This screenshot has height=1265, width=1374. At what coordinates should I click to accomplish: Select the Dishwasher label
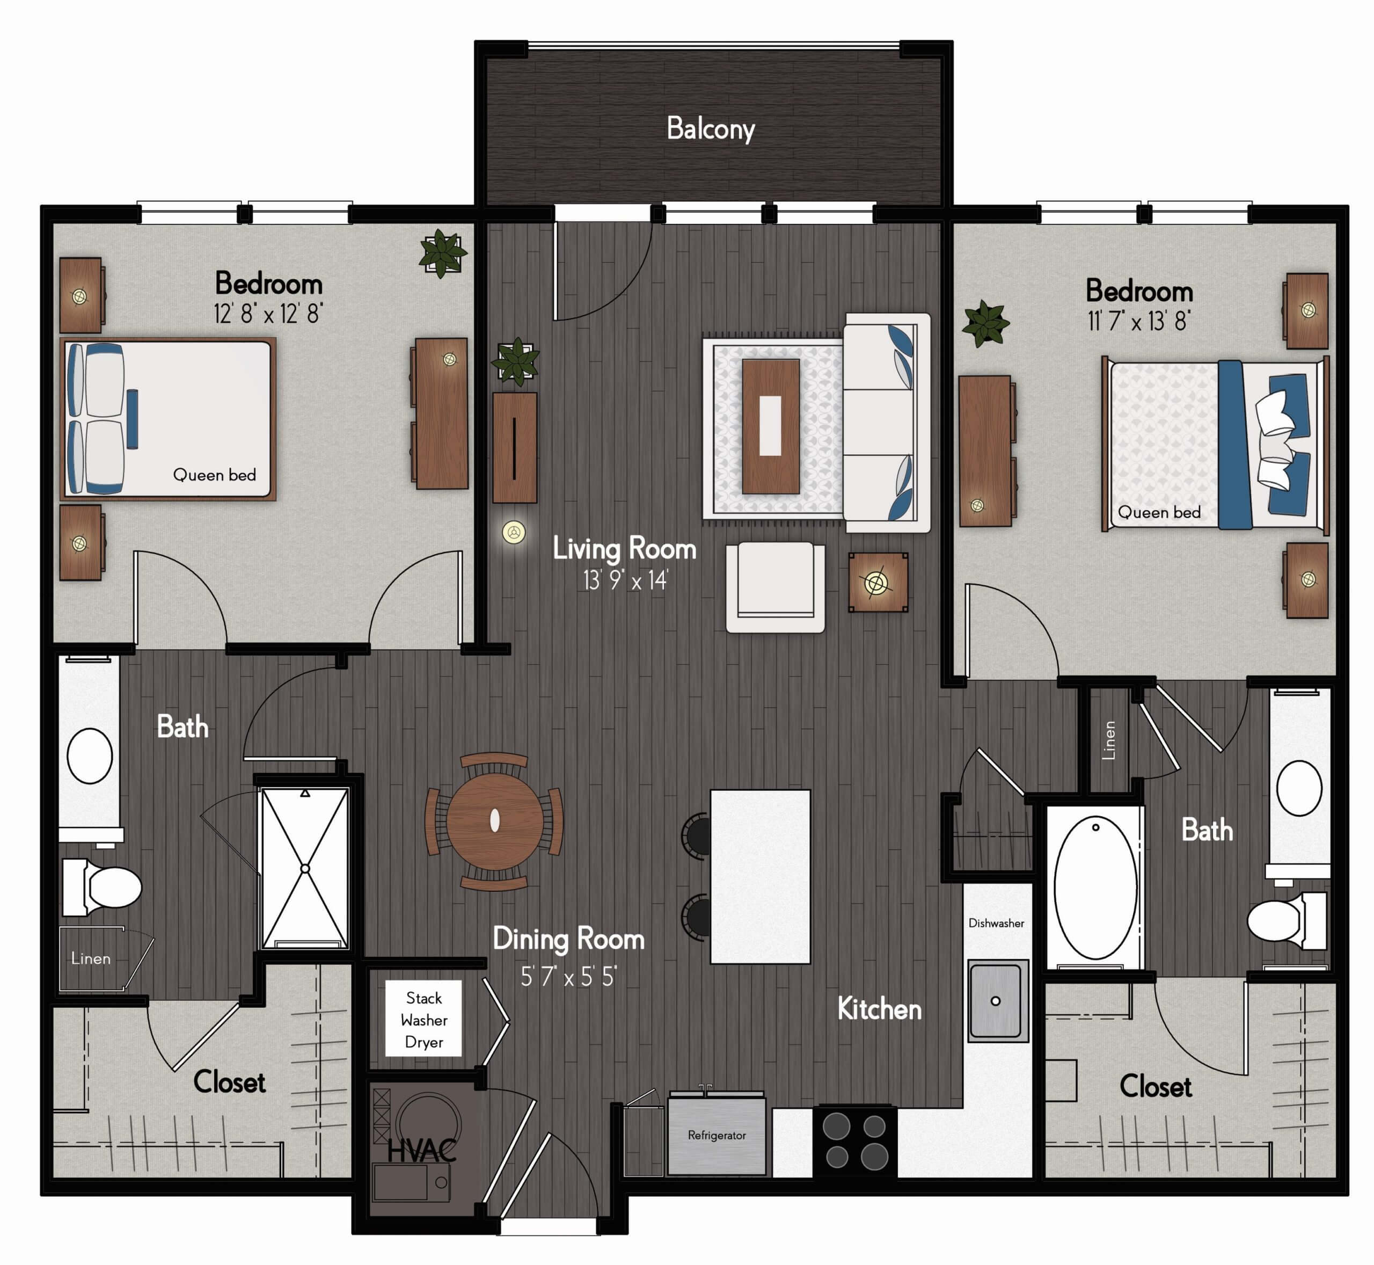pyautogui.click(x=996, y=923)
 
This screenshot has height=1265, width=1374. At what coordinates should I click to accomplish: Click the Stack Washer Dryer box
pyautogui.click(x=423, y=1019)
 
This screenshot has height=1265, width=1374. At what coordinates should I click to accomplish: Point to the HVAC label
pyautogui.click(x=421, y=1151)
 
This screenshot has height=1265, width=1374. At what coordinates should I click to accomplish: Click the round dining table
pyautogui.click(x=495, y=821)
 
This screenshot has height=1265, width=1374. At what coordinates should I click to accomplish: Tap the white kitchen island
pyautogui.click(x=760, y=877)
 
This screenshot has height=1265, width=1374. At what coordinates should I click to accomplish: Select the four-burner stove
pyautogui.click(x=856, y=1143)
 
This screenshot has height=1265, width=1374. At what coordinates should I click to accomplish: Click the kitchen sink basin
pyautogui.click(x=998, y=1001)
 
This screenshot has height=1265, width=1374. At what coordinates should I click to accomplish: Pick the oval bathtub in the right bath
pyautogui.click(x=1095, y=889)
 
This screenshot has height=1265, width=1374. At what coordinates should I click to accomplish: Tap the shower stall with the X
pyautogui.click(x=305, y=869)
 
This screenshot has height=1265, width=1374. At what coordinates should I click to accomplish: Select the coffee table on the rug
pyautogui.click(x=771, y=426)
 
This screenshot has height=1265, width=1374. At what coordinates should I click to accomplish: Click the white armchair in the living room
pyautogui.click(x=775, y=587)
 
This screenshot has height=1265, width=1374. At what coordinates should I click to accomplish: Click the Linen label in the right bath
pyautogui.click(x=1109, y=740)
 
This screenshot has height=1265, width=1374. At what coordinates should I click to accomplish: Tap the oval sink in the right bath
pyautogui.click(x=1299, y=787)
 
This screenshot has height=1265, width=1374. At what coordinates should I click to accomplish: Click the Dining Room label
pyautogui.click(x=568, y=939)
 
